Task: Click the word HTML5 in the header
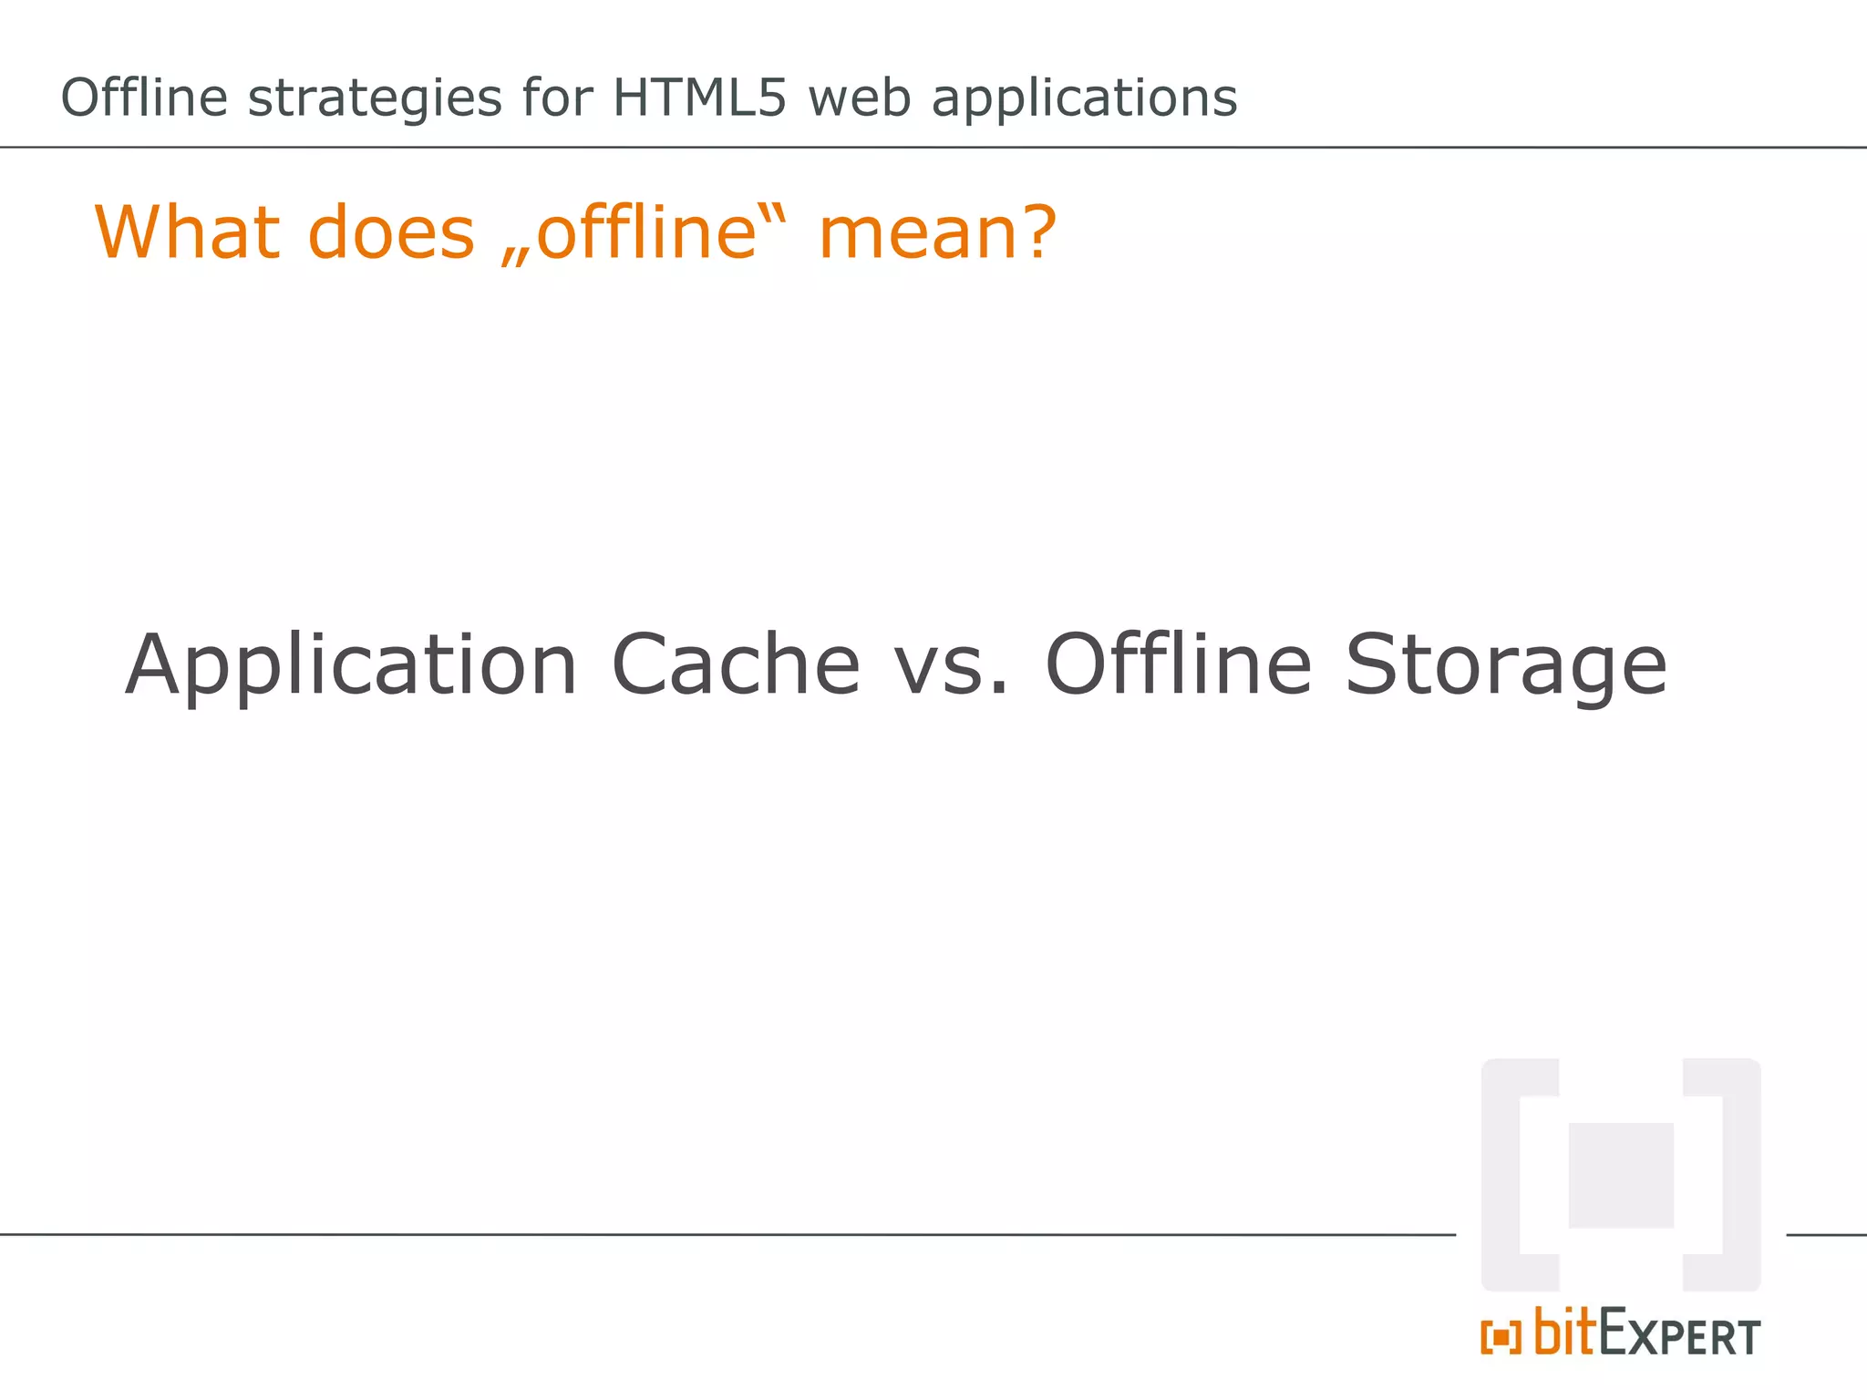(x=698, y=98)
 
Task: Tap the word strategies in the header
(x=375, y=99)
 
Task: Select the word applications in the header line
(x=1084, y=99)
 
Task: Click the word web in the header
(x=859, y=98)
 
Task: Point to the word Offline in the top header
(x=144, y=98)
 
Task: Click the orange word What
(x=187, y=232)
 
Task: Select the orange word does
(x=391, y=232)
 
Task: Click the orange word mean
(x=917, y=233)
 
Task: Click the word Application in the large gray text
(x=351, y=665)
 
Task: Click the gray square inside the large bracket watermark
(x=1621, y=1175)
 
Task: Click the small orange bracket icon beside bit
(x=1501, y=1337)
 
